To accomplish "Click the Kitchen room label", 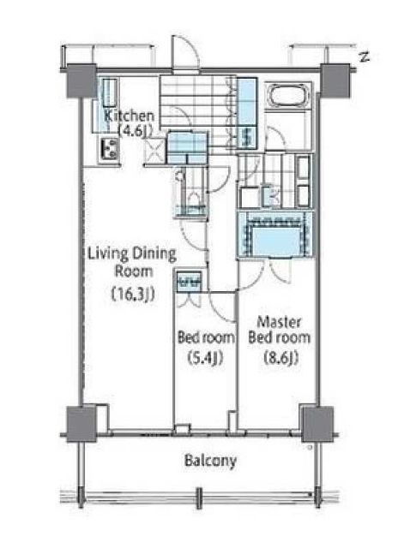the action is pyautogui.click(x=130, y=116).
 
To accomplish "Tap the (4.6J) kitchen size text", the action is pyautogui.click(x=135, y=131).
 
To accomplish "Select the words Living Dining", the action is pyautogui.click(x=131, y=254).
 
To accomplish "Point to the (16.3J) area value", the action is pyautogui.click(x=133, y=295).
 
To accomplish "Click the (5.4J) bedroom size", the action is pyautogui.click(x=205, y=358).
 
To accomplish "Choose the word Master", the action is pyautogui.click(x=279, y=322).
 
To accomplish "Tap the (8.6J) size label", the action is pyautogui.click(x=281, y=358).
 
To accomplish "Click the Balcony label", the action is pyautogui.click(x=210, y=461).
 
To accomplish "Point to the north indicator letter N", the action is pyautogui.click(x=365, y=57).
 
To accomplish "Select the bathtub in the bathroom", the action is pyautogui.click(x=287, y=95).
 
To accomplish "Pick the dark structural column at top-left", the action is pyautogui.click(x=81, y=80).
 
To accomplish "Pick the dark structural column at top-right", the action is pyautogui.click(x=335, y=80).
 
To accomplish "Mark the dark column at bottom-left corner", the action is pyautogui.click(x=81, y=424).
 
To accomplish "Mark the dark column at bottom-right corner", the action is pyautogui.click(x=317, y=424).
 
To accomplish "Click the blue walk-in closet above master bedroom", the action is pyautogui.click(x=274, y=235).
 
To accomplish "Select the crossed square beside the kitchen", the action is pyautogui.click(x=154, y=151).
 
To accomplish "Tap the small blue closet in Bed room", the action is pyautogui.click(x=189, y=281).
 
